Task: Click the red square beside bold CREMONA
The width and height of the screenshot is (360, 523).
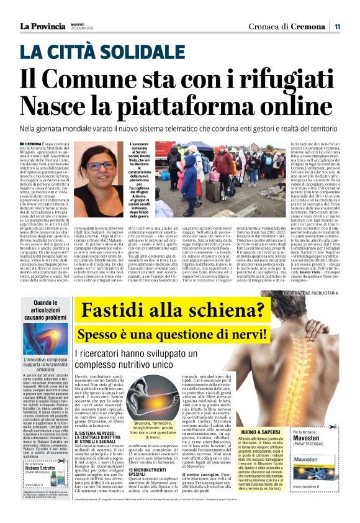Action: point(22,143)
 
